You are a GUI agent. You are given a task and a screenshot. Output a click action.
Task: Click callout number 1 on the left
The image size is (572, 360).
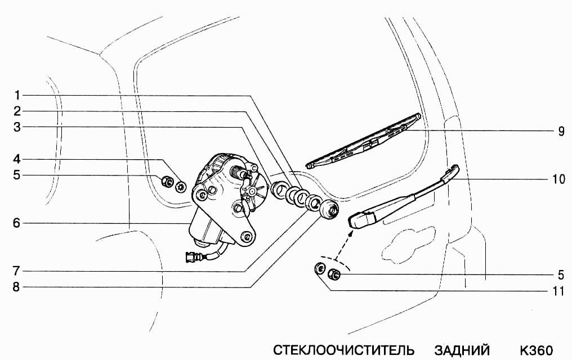coord(17,94)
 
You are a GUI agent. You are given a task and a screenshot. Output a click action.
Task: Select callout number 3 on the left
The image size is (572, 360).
coord(17,127)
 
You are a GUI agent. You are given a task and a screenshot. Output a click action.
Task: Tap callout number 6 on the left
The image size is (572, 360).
coord(17,223)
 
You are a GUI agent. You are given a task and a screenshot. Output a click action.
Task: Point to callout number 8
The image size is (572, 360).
coord(17,287)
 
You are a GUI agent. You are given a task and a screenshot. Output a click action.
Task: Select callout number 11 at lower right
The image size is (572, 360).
coord(558,291)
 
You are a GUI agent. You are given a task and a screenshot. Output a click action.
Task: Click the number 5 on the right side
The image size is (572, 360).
coord(561,275)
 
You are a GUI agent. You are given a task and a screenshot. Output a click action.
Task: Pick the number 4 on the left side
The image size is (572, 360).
coord(17,159)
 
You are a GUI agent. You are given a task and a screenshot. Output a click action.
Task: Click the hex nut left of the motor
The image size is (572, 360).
coord(167,182)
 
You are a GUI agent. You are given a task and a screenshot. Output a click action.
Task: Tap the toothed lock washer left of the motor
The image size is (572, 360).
coord(181,187)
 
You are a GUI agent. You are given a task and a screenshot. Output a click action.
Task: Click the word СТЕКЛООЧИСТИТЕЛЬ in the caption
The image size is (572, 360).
coord(344,350)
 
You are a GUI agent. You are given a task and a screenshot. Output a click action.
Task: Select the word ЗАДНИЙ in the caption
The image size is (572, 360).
coord(462,350)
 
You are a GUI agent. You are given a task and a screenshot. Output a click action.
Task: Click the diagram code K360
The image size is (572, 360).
coord(536,350)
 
